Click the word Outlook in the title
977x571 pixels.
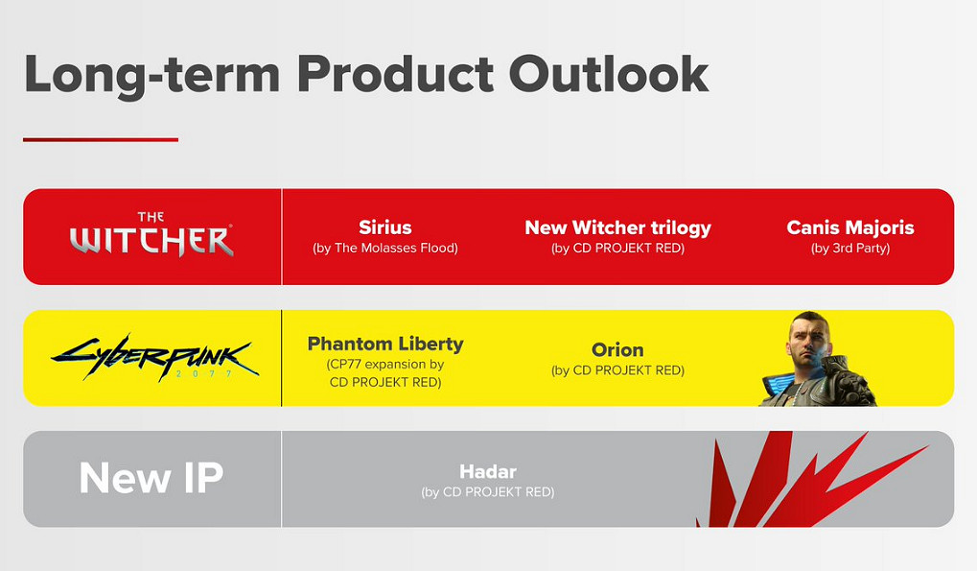point(609,74)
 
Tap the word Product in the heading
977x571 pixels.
point(395,74)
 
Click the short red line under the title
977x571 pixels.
point(101,140)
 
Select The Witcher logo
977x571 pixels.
point(151,234)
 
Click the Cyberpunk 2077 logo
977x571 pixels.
point(155,358)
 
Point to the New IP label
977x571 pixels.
point(151,478)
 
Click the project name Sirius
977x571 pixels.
point(385,226)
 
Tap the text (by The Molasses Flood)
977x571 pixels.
point(385,249)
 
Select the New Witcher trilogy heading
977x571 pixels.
point(617,228)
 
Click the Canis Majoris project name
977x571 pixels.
point(849,227)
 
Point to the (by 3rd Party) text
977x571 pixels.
point(849,249)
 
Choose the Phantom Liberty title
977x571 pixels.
point(385,345)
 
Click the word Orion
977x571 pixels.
point(617,349)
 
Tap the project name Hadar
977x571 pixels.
point(488,471)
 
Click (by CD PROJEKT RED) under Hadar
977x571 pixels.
point(488,492)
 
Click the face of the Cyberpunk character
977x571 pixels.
point(808,340)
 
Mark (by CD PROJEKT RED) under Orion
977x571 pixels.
point(617,370)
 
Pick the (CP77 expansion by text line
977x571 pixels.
point(385,364)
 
